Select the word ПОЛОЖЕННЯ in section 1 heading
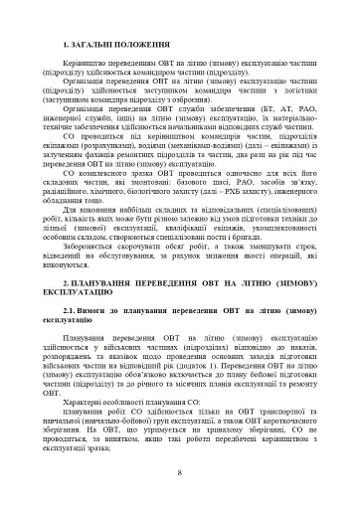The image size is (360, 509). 149,47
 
